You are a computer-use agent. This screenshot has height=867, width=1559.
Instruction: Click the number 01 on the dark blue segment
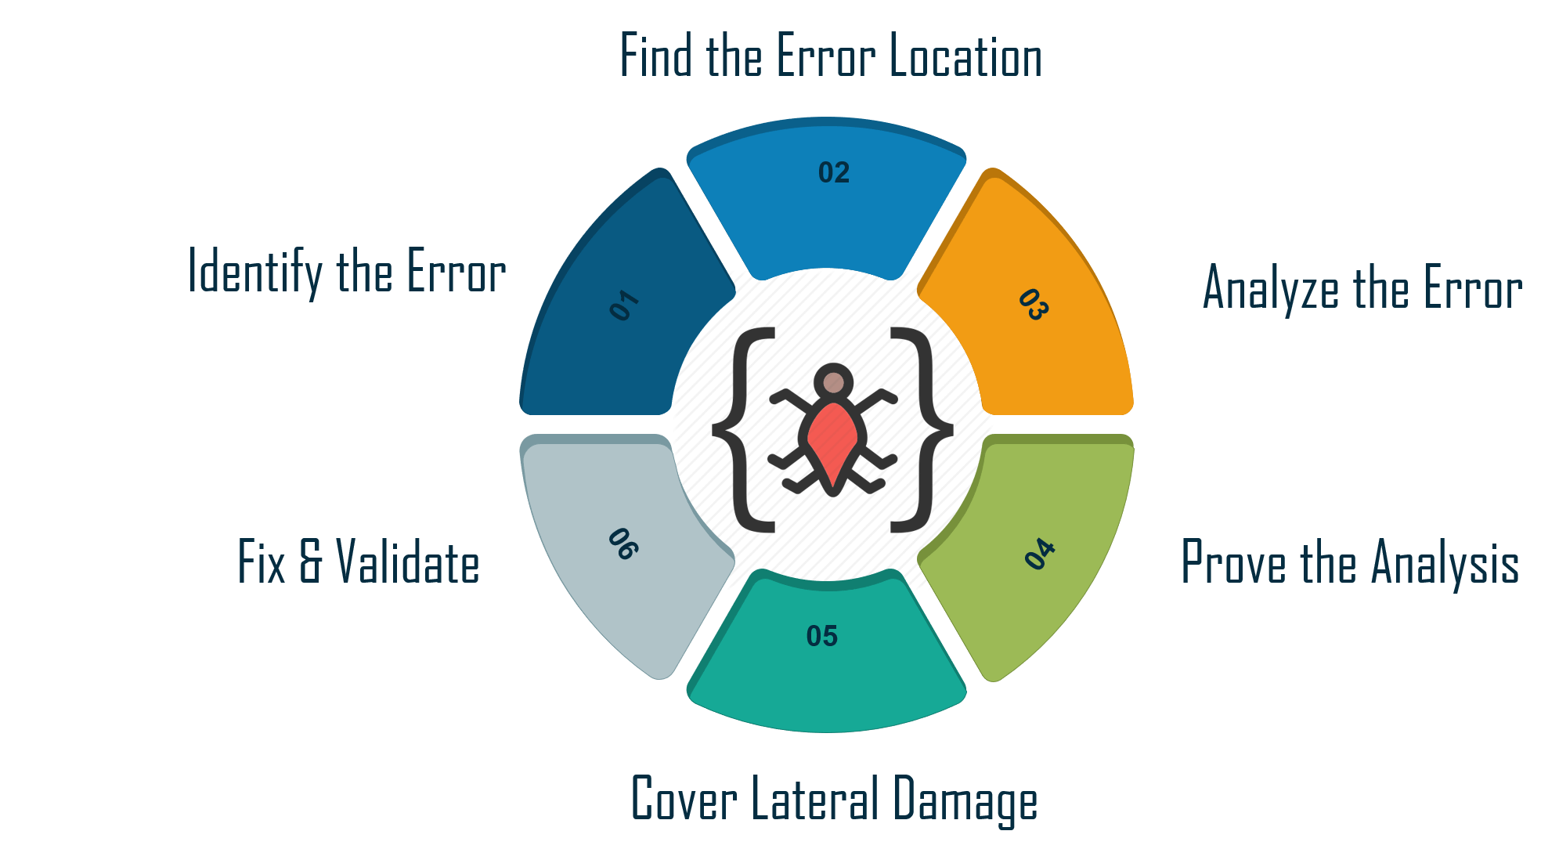624,305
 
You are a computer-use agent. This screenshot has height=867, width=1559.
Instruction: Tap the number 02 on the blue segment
833,173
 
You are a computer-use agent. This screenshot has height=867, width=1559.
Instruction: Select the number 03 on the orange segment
1033,305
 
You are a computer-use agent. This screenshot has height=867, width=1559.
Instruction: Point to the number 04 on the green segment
1040,553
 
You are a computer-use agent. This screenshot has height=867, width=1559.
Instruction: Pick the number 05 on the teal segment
821,636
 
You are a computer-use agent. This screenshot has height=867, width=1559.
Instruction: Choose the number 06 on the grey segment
623,544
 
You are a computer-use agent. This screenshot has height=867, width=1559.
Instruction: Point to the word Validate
407,562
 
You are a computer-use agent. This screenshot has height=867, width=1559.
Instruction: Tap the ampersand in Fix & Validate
311,562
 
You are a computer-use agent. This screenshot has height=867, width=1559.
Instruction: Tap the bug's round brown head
834,383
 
